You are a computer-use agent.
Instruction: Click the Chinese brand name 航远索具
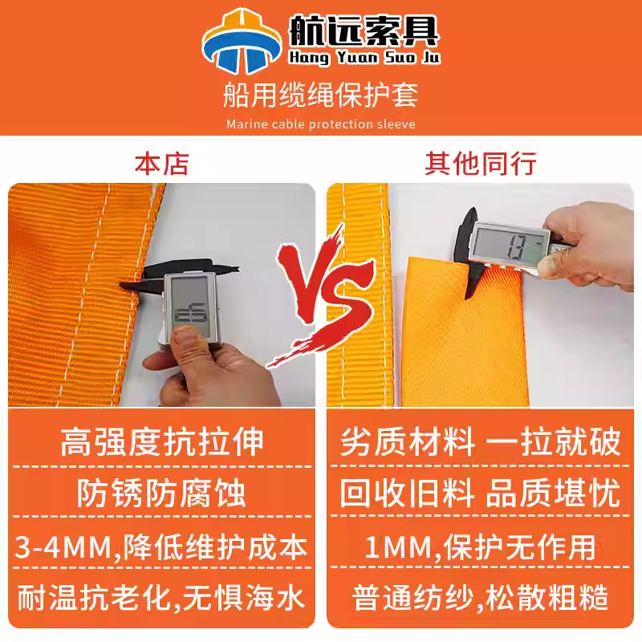pyautogui.click(x=364, y=30)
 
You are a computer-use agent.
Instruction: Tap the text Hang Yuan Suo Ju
pyautogui.click(x=364, y=57)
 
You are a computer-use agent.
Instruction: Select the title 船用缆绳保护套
pyautogui.click(x=320, y=95)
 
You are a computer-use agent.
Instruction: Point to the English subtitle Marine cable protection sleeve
pyautogui.click(x=321, y=124)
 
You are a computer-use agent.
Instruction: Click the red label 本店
pyautogui.click(x=162, y=164)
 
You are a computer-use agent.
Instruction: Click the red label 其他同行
pyautogui.click(x=480, y=164)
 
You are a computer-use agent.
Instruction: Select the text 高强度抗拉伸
pyautogui.click(x=162, y=442)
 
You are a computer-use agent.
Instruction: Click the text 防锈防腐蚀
pyautogui.click(x=162, y=493)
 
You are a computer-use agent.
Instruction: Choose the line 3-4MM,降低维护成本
pyautogui.click(x=161, y=547)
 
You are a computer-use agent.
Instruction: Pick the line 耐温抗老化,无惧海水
pyautogui.click(x=161, y=597)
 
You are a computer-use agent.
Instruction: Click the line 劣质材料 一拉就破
pyautogui.click(x=480, y=442)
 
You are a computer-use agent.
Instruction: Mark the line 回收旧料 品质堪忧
pyautogui.click(x=480, y=493)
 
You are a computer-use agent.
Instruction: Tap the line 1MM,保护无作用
pyautogui.click(x=480, y=547)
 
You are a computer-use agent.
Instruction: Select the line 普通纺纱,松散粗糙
pyautogui.click(x=480, y=597)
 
